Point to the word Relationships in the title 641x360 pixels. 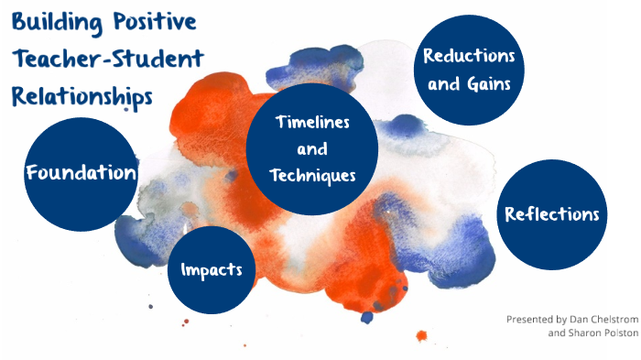click(81, 96)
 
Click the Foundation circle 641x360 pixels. click(82, 173)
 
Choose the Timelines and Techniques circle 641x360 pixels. click(312, 149)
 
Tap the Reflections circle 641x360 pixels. click(552, 214)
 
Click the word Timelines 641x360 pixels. click(312, 123)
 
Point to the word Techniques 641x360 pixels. click(312, 176)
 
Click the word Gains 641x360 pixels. click(493, 84)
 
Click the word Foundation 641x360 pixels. click(82, 173)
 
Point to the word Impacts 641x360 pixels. click(212, 270)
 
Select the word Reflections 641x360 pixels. click(552, 214)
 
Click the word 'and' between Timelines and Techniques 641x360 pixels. click(312, 149)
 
